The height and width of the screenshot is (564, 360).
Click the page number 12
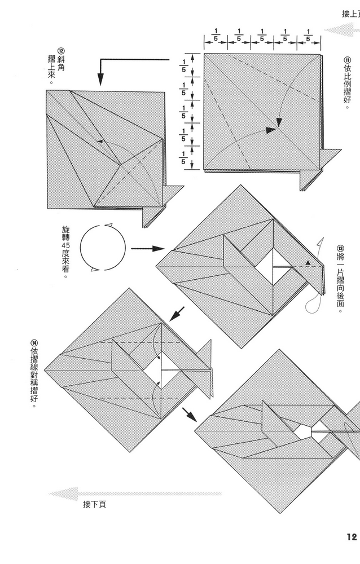pyautogui.click(x=352, y=537)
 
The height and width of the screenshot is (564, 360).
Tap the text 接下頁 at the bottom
pyautogui.click(x=94, y=504)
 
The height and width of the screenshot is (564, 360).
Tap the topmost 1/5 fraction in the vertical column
pyautogui.click(x=183, y=64)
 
